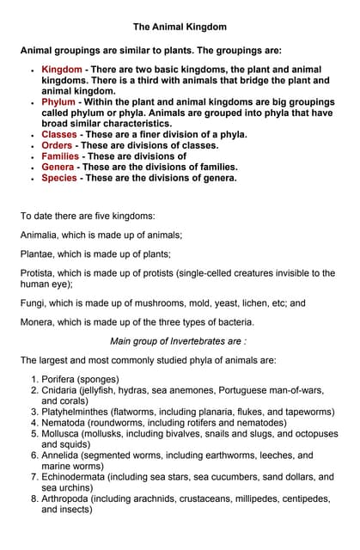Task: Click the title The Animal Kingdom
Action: coord(180,27)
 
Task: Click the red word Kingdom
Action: coord(62,69)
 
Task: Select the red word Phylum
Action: coord(58,102)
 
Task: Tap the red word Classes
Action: coord(59,135)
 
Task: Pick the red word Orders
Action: coord(57,146)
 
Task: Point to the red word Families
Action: coord(61,156)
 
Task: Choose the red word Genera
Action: coord(58,168)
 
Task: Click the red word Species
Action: coord(59,178)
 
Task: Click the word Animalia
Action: coord(42,235)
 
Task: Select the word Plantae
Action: coord(40,254)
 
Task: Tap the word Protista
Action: coord(40,273)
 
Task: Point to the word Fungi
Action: coord(34,303)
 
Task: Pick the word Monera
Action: coord(40,322)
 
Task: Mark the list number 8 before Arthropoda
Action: coord(34,498)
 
